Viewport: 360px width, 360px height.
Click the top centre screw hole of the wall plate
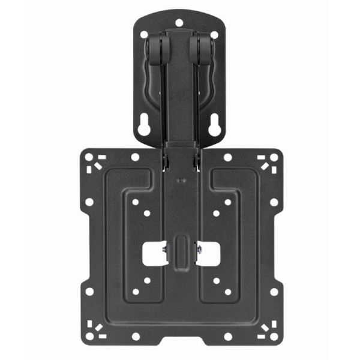[180, 23]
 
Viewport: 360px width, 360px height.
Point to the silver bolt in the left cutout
[163, 247]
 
